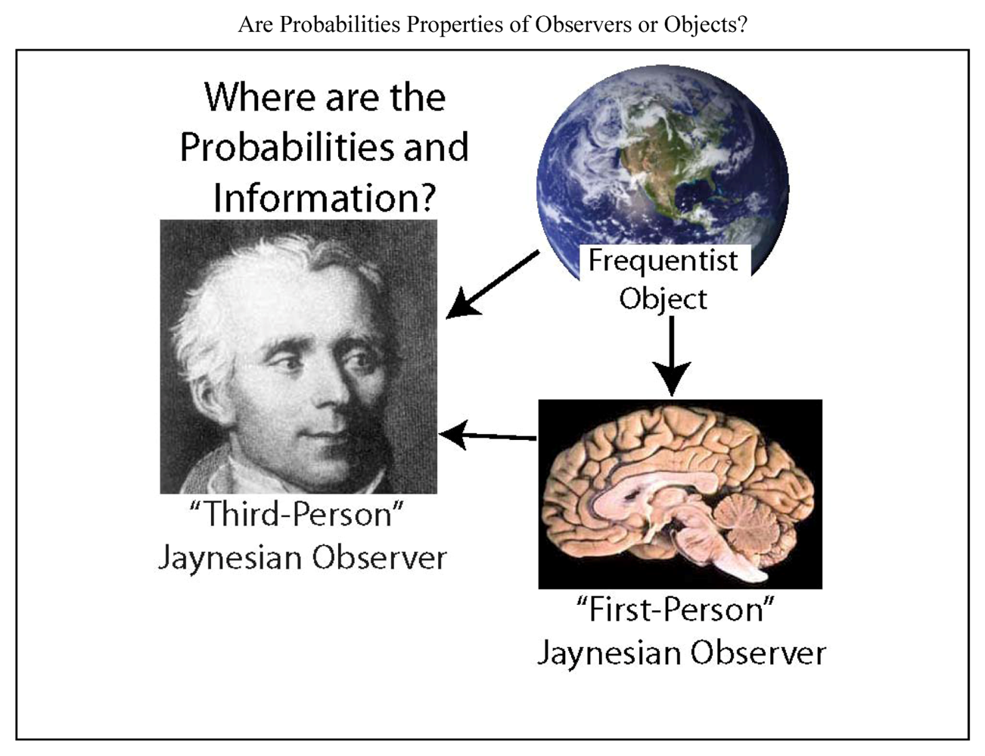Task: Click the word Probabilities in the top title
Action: [340, 24]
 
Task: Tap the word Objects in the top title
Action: [705, 24]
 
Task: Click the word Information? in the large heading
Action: [325, 198]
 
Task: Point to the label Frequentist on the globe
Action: [663, 261]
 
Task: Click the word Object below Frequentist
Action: [663, 299]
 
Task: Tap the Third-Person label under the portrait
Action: [297, 515]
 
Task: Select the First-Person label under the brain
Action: [675, 609]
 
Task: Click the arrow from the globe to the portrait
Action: [492, 285]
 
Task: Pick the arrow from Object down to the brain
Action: [672, 356]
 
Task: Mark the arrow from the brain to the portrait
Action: [488, 435]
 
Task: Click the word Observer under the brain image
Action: [758, 653]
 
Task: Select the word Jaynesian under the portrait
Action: [230, 559]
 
